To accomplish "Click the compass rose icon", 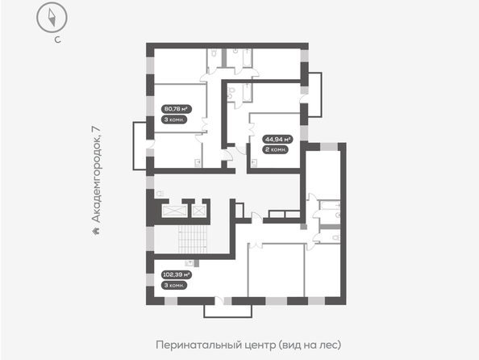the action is click(x=52, y=17).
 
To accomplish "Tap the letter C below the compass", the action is click(x=57, y=40).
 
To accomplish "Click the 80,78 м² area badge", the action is click(x=176, y=109).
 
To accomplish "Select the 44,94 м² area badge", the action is click(x=277, y=140).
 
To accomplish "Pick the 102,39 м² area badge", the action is click(x=177, y=274).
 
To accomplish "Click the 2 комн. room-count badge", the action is click(x=275, y=150).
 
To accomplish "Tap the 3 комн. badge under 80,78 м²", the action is click(x=174, y=119).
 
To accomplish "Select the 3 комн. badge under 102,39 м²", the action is click(x=174, y=286).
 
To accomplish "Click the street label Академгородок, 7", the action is click(x=96, y=174).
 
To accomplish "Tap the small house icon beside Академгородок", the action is click(x=96, y=231).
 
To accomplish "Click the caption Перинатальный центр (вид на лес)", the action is click(x=248, y=345).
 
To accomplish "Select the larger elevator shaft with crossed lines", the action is click(x=174, y=211).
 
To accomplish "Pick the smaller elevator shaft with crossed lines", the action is click(x=199, y=211).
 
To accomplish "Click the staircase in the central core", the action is click(x=193, y=240).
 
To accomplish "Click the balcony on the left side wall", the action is click(x=140, y=146).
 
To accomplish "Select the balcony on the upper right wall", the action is click(x=315, y=94).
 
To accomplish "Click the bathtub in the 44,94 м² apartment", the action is click(x=247, y=92).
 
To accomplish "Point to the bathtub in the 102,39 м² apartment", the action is click(x=329, y=205).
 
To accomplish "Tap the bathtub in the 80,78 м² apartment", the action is click(x=247, y=58).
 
